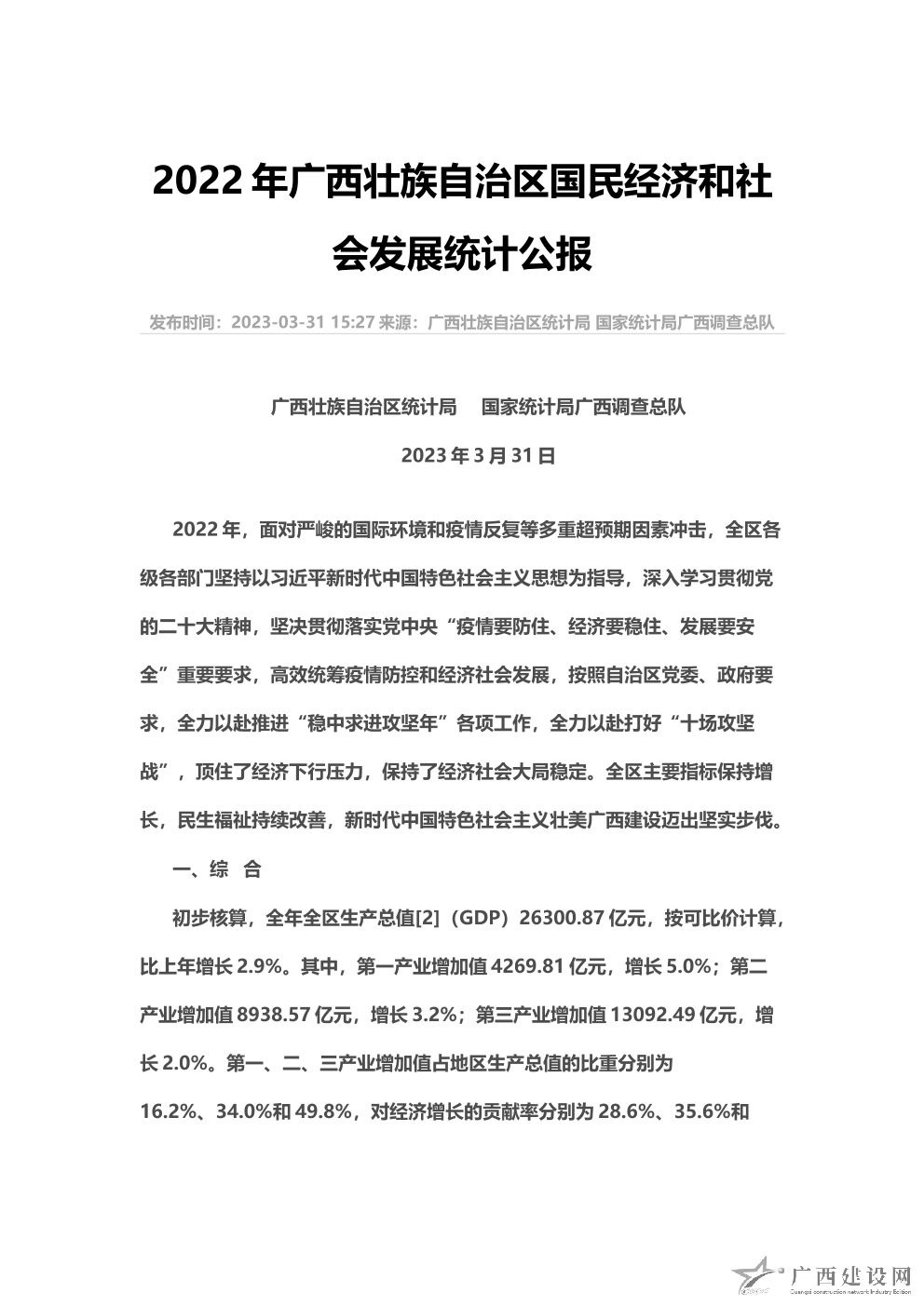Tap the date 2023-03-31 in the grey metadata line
(x=277, y=322)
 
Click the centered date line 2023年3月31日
(x=479, y=455)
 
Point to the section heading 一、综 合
(x=218, y=869)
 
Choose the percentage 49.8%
(x=322, y=1111)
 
